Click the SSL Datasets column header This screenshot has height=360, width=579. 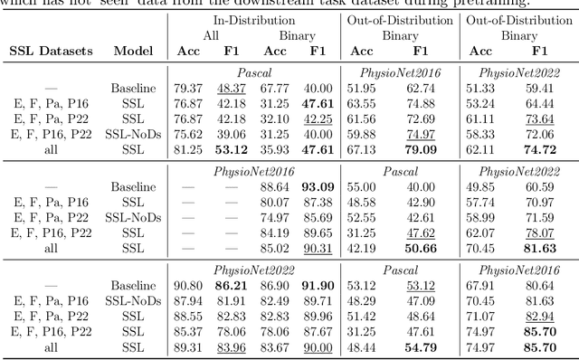pos(51,52)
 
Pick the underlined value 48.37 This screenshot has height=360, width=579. pos(233,88)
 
